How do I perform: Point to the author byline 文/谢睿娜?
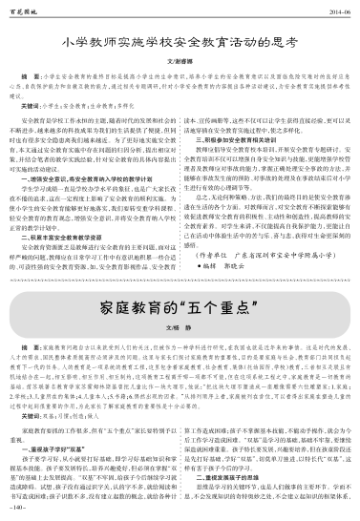180,58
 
